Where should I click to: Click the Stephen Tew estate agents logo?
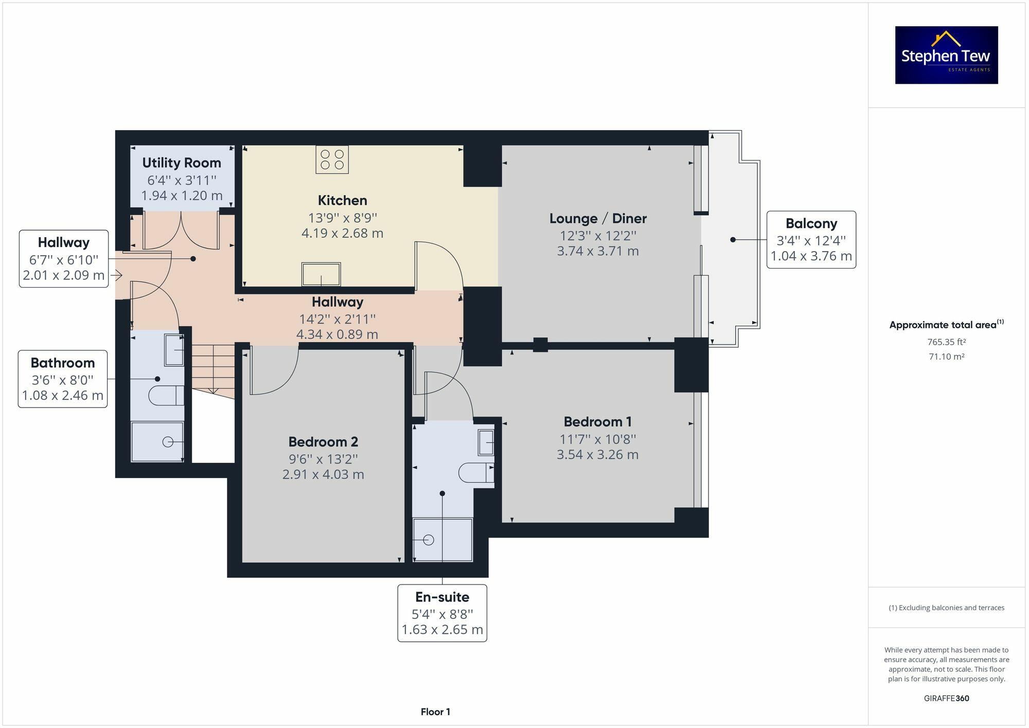click(946, 55)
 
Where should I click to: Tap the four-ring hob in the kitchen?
click(332, 159)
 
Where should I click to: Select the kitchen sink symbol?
click(321, 274)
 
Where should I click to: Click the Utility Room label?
click(182, 163)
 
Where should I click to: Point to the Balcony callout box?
click(811, 240)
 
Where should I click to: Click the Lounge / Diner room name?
click(598, 218)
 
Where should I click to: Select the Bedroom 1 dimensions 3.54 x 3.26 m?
click(597, 455)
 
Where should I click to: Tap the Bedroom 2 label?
click(323, 441)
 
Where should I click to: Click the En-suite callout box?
click(442, 613)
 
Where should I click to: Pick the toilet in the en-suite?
click(474, 472)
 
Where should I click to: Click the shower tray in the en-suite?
click(442, 540)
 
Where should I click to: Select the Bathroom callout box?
click(63, 379)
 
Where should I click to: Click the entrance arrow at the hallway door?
click(117, 276)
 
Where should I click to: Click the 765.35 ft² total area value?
click(946, 342)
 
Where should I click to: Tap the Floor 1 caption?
click(435, 712)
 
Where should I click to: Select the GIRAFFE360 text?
click(946, 698)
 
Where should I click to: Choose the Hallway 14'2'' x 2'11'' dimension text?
click(337, 318)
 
